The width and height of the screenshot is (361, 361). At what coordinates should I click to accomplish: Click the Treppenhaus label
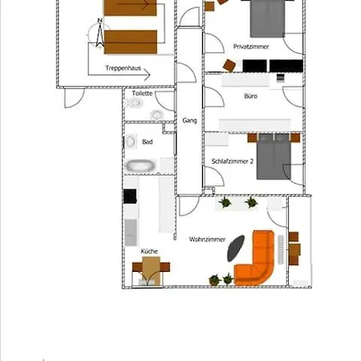pos(123,68)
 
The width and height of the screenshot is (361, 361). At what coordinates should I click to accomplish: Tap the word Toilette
pos(142,93)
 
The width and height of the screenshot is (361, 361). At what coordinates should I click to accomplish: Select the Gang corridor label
pos(189,120)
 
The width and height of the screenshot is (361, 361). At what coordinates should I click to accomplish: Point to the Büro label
pos(250,96)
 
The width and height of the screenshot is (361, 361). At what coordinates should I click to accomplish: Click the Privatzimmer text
pos(251,47)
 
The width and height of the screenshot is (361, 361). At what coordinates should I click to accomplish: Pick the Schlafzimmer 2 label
pos(232,161)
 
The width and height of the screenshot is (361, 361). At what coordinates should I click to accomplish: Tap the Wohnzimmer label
pos(207,239)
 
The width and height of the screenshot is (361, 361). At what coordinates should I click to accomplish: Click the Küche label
pos(149,251)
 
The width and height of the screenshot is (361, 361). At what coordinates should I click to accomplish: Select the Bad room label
pos(148,142)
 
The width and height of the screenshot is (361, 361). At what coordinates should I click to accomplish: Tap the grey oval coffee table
pos(236,249)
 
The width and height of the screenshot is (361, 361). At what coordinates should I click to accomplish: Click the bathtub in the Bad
pos(140,166)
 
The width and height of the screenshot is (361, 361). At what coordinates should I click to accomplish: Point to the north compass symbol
pos(99,33)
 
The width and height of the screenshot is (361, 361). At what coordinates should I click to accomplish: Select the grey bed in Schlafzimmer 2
pos(274,156)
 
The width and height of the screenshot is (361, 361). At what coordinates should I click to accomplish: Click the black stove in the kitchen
pos(130,196)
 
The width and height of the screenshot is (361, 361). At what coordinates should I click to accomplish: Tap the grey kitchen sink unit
pos(131,232)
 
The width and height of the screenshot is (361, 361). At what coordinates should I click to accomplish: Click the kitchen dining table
pos(151,270)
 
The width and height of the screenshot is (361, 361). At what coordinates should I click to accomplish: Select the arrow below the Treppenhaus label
pos(120,75)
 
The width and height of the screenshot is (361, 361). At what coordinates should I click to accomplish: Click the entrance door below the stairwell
pos(75,98)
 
